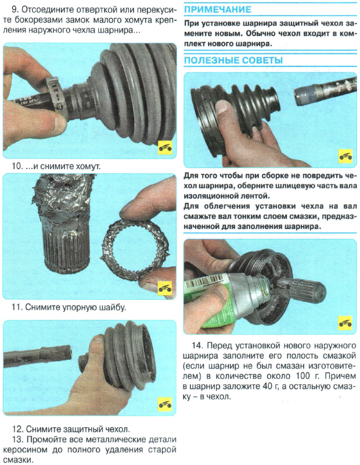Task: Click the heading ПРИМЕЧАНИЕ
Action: tap(218, 10)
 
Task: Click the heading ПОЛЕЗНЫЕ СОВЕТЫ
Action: tap(233, 60)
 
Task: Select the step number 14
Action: tap(197, 345)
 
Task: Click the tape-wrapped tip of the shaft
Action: tap(304, 94)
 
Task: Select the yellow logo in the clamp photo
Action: tap(165, 148)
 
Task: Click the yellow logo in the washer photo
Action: tap(165, 288)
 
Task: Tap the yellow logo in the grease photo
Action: tap(345, 323)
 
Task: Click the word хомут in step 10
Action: tap(88, 166)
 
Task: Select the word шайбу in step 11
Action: tap(113, 307)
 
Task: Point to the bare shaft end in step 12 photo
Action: tap(38, 356)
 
